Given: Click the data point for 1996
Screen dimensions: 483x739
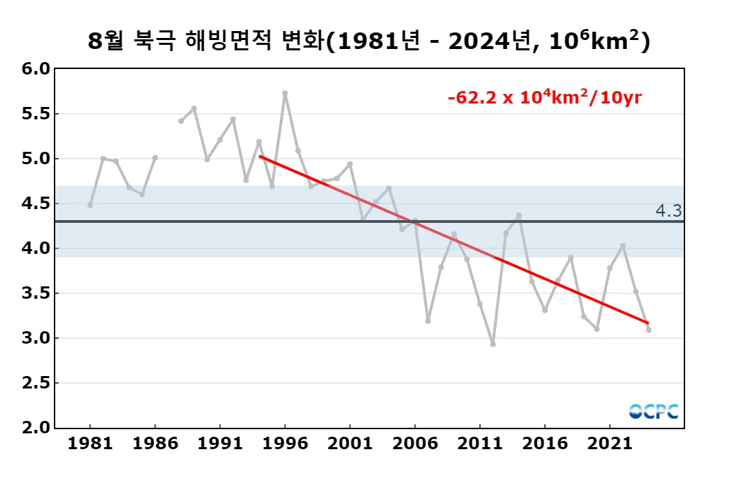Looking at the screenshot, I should (x=285, y=93).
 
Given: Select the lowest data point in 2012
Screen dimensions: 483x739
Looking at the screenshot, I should (x=492, y=344).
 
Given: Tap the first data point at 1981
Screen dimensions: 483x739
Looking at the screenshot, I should (x=90, y=205).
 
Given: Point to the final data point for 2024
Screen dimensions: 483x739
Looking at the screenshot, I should (x=649, y=330).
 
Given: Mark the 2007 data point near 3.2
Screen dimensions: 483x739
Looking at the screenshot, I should (x=428, y=321).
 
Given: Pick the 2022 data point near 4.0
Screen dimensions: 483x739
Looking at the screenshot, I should (x=623, y=246).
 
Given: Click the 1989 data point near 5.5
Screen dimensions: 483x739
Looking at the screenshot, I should (x=194, y=108).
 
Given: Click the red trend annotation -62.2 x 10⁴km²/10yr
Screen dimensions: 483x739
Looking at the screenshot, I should (x=545, y=97).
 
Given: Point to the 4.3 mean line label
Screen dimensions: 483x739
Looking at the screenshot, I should (x=669, y=211).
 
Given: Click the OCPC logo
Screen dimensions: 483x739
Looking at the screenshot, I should (x=653, y=411).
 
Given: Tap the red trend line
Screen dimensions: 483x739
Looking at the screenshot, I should (x=454, y=239).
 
